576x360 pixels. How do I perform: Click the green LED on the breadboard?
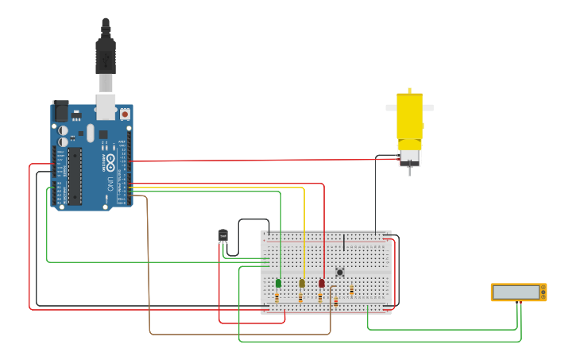278,283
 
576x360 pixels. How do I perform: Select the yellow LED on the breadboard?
302,283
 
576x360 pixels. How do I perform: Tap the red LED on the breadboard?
322,283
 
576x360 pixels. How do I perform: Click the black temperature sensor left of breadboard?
223,236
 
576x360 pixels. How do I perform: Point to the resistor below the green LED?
276,298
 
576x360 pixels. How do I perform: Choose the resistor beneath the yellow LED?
300,298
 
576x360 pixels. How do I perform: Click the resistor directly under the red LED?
320,298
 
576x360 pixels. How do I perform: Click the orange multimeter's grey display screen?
516,292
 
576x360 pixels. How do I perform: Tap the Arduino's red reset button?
125,114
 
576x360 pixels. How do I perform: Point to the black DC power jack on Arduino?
60,110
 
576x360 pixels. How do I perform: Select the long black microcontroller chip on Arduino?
75,174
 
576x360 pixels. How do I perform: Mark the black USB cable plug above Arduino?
106,56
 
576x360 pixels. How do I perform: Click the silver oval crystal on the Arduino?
91,133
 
